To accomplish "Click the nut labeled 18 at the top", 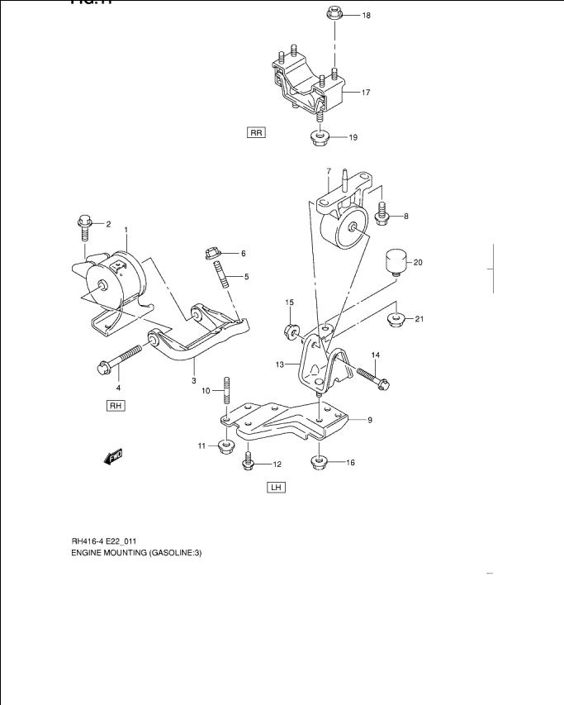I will [334, 13].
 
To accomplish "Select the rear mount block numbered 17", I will [307, 85].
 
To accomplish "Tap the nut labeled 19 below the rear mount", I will [320, 136].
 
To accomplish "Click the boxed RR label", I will [256, 132].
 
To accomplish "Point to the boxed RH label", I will [115, 406].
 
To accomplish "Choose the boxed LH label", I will [276, 488].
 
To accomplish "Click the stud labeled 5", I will [222, 275].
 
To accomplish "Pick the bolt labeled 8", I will [382, 213].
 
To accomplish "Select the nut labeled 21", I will [396, 318].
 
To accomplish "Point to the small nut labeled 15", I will [291, 331].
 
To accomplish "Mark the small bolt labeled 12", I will [249, 462].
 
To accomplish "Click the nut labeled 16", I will [320, 461].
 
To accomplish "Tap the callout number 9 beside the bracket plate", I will [370, 420].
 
